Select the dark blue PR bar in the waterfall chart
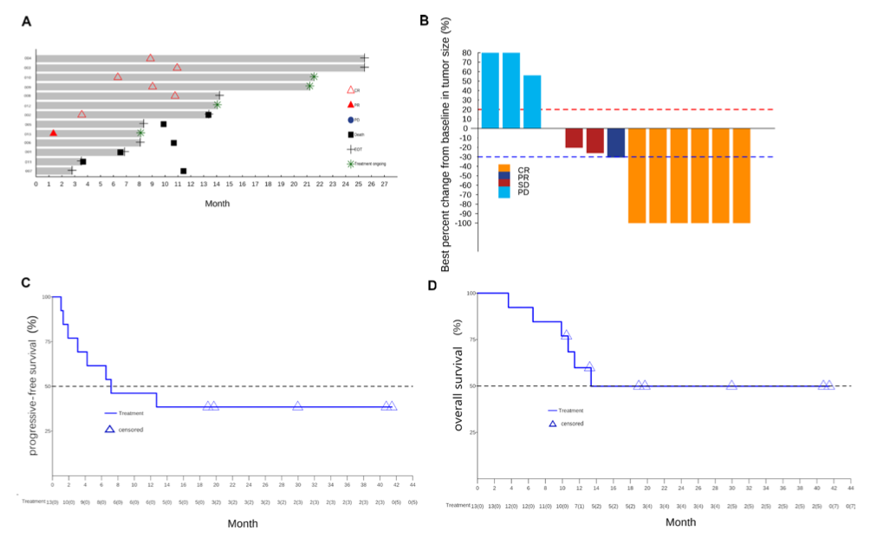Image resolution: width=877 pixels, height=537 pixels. pos(616,143)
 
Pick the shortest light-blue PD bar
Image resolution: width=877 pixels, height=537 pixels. pos(532,101)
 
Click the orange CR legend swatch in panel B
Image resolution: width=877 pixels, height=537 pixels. pos(504,167)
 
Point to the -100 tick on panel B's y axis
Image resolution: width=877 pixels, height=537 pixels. pos(464,223)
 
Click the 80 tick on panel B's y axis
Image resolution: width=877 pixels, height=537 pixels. pos(467,54)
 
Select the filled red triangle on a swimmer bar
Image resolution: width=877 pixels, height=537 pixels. pos(54,133)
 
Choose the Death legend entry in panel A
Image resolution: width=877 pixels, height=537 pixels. pos(350,134)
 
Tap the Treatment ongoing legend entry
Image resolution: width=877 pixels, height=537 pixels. pos(351,163)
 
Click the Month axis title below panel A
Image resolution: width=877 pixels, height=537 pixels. pos(217,204)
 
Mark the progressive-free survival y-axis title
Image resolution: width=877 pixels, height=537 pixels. pos(33,385)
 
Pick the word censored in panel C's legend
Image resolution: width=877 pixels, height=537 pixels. pos(131,429)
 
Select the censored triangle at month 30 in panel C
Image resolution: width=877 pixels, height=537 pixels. pos(298,405)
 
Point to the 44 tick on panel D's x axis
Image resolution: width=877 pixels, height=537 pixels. pos(851,488)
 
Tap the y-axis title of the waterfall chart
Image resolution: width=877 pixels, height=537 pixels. pos(445,151)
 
